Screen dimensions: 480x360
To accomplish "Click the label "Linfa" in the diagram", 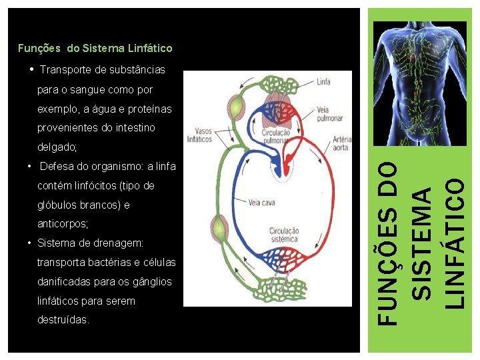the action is click(x=324, y=82).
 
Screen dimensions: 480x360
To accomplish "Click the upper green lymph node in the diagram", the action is click(x=237, y=107).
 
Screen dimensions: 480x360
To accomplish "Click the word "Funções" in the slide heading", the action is click(x=39, y=48).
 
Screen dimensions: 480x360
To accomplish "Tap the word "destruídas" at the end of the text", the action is click(x=63, y=320).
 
